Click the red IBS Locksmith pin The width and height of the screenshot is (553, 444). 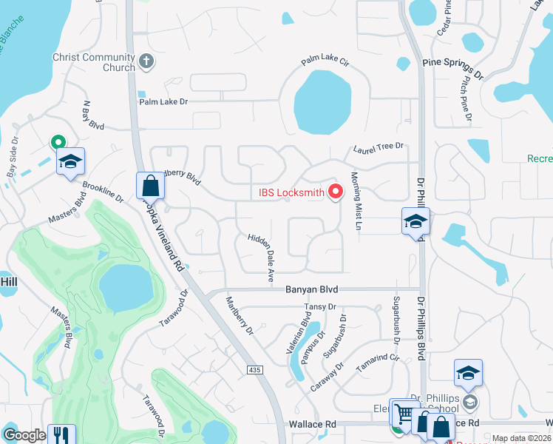(336, 192)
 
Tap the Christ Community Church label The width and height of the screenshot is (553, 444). (93, 62)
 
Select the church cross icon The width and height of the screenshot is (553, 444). (146, 61)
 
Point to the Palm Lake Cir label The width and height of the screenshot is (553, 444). (325, 62)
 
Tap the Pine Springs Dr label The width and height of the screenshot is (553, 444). (452, 68)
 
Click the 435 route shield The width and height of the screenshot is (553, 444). (255, 368)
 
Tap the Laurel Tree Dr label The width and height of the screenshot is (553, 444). (379, 148)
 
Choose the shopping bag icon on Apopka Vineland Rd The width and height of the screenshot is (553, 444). (149, 185)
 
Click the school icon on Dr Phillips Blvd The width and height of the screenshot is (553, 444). (415, 221)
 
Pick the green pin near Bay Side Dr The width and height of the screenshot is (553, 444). (57, 142)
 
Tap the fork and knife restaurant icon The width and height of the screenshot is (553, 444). (60, 434)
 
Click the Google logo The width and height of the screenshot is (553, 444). (24, 435)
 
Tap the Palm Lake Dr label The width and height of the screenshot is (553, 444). (163, 101)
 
